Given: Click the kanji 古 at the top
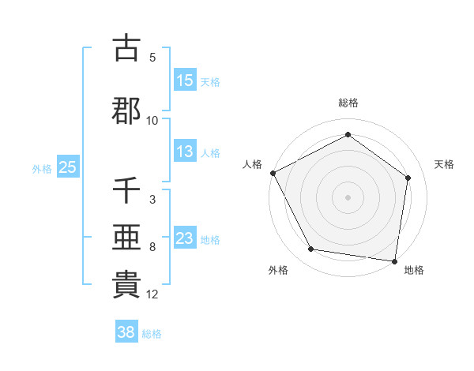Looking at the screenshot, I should (x=126, y=48).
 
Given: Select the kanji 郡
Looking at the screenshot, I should (x=126, y=111).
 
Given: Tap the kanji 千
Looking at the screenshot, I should (x=126, y=190).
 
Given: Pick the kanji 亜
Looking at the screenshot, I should (x=126, y=238).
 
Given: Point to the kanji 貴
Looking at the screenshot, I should (x=126, y=285).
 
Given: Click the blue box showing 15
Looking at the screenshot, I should (x=185, y=81).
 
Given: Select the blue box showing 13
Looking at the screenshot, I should (x=185, y=152).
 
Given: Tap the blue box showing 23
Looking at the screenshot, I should (x=185, y=238).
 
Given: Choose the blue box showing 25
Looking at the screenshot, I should (x=67, y=167).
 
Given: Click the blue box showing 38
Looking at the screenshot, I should (x=126, y=333).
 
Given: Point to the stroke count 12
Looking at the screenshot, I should (x=153, y=294).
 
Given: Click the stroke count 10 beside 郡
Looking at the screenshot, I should (x=152, y=121).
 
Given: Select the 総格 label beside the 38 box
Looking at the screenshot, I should (x=152, y=334).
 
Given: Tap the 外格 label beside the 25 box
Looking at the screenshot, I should (x=42, y=168).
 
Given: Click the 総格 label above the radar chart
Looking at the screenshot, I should (x=348, y=103).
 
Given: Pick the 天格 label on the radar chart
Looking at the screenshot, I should (x=445, y=164).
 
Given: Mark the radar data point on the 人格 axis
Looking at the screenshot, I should (x=273, y=173).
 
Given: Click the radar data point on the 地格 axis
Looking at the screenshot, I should (x=395, y=260).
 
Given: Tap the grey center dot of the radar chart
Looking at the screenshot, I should (x=348, y=197).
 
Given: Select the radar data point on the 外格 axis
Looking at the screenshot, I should (x=310, y=249).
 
